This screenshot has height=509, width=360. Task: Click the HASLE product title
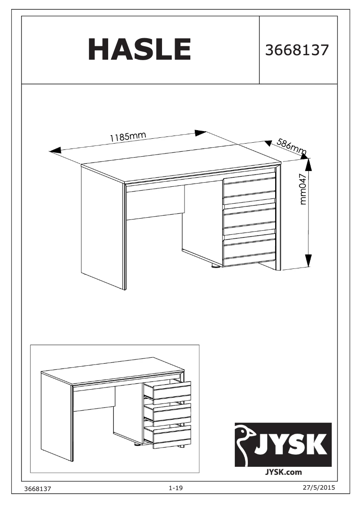140,49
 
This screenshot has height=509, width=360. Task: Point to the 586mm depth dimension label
291,146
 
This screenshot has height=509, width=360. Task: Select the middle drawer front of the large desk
249,218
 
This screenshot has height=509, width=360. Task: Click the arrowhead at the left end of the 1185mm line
55,150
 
